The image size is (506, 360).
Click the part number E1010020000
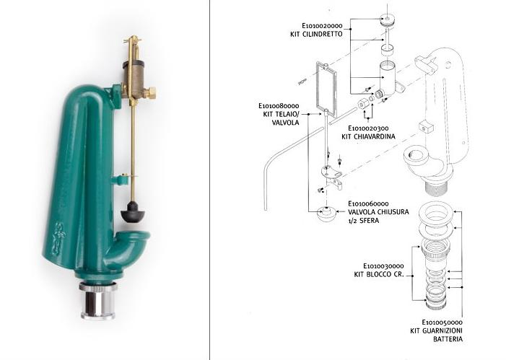(x=322, y=26)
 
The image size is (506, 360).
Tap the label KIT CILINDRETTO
(x=316, y=34)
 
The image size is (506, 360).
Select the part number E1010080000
(x=279, y=106)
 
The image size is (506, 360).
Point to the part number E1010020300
(x=368, y=128)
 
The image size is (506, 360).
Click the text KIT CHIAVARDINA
(x=368, y=136)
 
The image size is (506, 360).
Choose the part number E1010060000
(x=368, y=203)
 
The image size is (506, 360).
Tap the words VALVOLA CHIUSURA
(x=378, y=212)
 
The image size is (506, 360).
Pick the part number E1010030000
(x=383, y=266)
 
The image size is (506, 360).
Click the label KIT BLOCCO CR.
(x=379, y=275)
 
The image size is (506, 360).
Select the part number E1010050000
(x=442, y=322)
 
